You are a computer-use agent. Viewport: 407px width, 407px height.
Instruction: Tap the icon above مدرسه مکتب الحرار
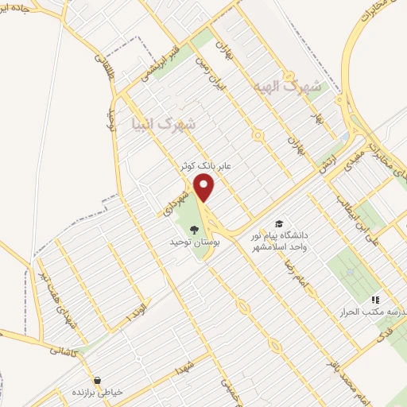coord(375,299)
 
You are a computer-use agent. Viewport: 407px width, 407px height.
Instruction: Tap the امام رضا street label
coord(296,271)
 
